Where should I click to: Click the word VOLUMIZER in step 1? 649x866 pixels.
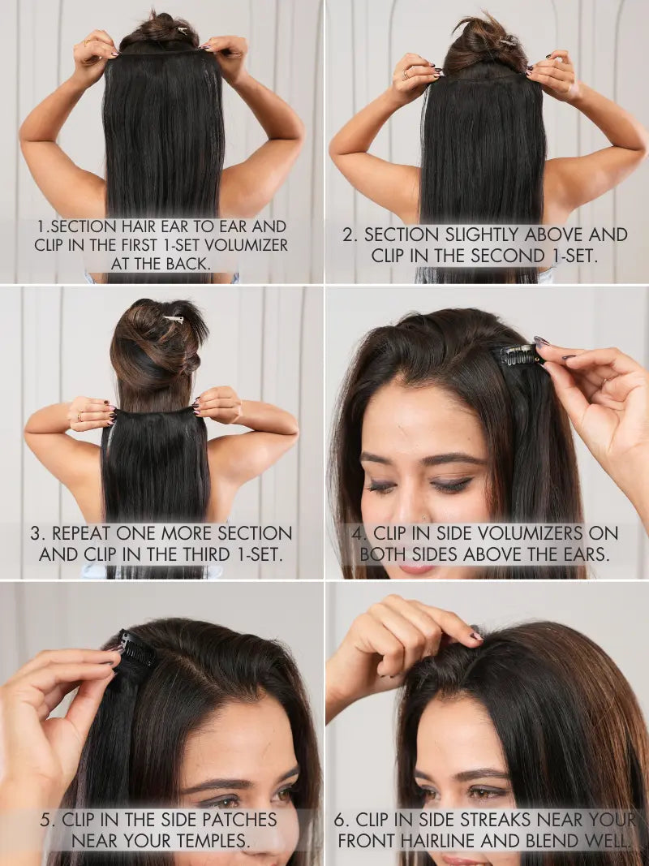point(246,244)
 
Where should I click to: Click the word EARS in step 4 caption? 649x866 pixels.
point(585,554)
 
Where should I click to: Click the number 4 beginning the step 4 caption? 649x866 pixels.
point(357,533)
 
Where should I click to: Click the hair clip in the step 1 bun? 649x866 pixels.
point(181,30)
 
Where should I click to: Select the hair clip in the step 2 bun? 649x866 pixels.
point(506,41)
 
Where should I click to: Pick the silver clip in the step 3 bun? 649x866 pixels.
point(174,319)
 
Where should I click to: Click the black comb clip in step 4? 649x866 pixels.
point(518,355)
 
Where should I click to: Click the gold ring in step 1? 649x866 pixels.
point(87,42)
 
